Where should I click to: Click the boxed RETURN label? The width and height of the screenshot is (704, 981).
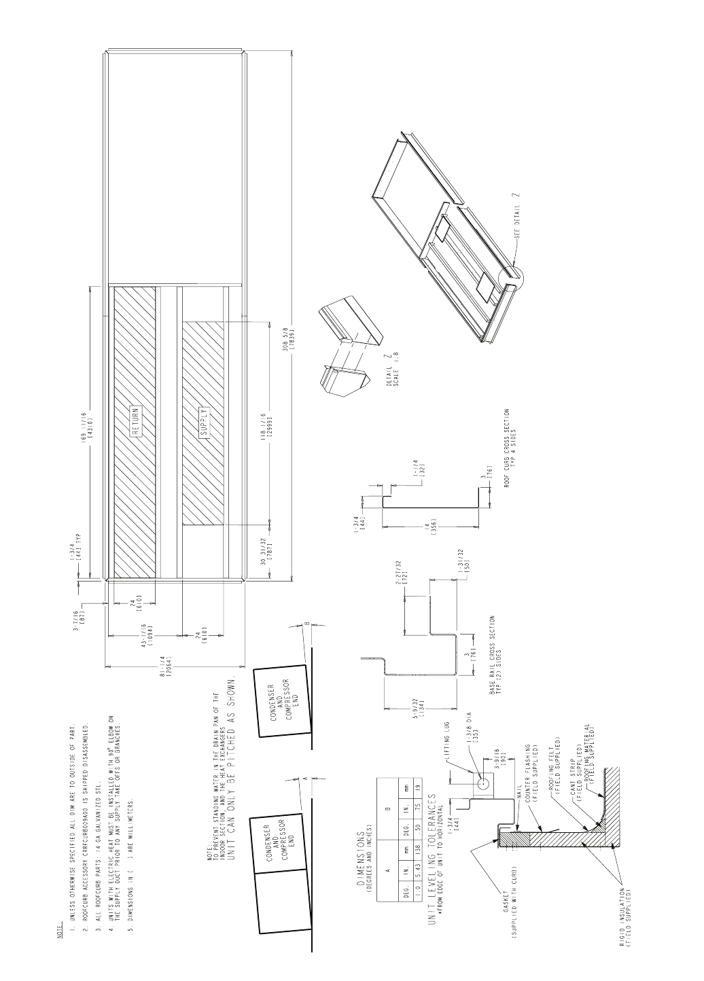tap(136, 421)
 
